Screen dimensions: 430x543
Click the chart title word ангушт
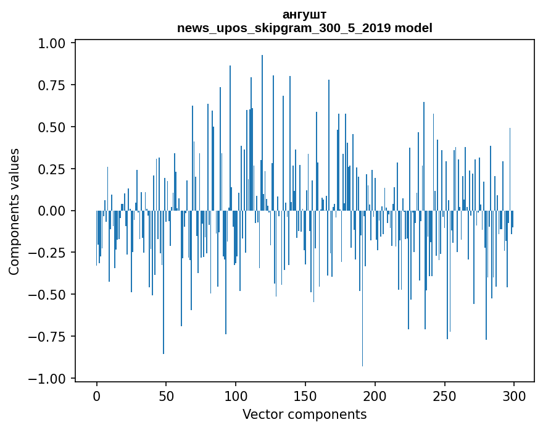coord(304,14)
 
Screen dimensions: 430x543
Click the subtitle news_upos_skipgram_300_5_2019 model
coord(304,28)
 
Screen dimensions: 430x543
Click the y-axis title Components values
coord(14,211)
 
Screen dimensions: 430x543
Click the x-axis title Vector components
coord(304,415)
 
